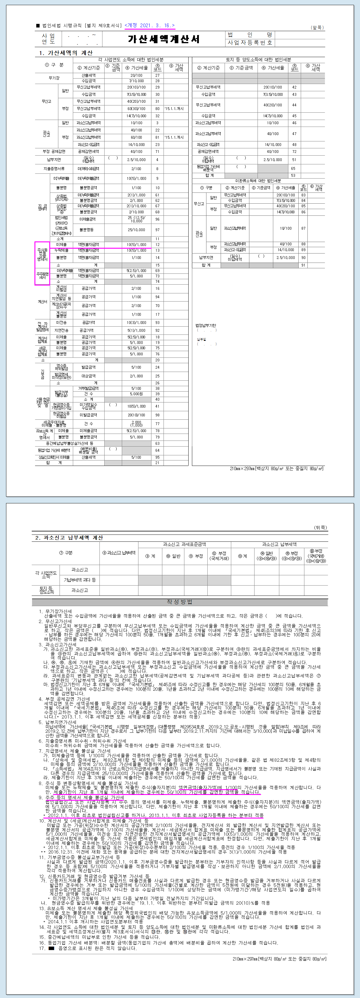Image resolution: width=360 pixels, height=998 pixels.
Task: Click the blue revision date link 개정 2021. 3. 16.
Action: (x=150, y=26)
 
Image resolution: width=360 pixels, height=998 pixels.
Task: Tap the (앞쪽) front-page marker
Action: (x=317, y=27)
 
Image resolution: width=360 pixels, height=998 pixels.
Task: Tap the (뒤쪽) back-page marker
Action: (x=320, y=527)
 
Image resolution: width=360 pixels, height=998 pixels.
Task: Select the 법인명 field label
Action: (x=250, y=35)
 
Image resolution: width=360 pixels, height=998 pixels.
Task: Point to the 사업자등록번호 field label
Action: (x=250, y=43)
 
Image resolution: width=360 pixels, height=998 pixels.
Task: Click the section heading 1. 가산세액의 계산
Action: (x=66, y=53)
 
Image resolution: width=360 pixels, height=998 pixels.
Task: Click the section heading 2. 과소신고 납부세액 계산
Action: (x=69, y=537)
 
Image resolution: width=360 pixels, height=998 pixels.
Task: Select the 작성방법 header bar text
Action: (x=180, y=602)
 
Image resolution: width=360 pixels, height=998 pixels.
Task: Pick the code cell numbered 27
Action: (x=157, y=76)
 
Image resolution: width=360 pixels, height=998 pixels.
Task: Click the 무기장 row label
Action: (x=54, y=78)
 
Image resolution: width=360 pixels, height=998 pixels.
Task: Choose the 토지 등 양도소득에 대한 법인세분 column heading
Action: (x=258, y=60)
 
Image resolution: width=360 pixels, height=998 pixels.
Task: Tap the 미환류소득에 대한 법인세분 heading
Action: (x=258, y=181)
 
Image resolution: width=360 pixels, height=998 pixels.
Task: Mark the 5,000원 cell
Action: (x=136, y=394)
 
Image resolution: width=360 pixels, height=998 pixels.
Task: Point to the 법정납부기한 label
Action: (x=205, y=325)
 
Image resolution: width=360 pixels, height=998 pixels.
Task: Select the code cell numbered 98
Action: (x=157, y=415)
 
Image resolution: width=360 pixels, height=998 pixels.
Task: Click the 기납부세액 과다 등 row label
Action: (x=80, y=580)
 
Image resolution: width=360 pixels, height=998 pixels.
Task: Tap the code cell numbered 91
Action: (x=303, y=265)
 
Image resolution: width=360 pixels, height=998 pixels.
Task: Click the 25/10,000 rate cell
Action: (x=136, y=230)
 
